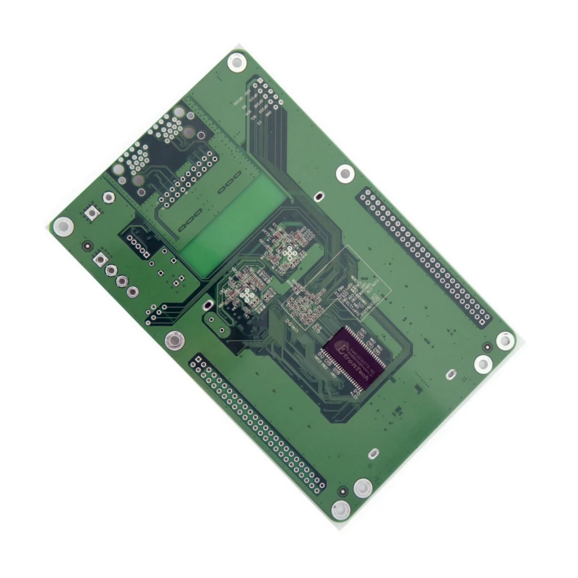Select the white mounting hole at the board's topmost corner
tap(237, 62)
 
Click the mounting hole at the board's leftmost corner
tap(63, 226)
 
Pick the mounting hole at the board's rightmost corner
tap(505, 340)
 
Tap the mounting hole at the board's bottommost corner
tap(341, 510)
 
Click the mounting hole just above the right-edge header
tap(345, 173)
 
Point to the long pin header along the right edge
tap(425, 256)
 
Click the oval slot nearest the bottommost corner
tap(372, 453)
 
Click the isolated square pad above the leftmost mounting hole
tap(91, 213)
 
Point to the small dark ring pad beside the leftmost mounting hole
tap(87, 246)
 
